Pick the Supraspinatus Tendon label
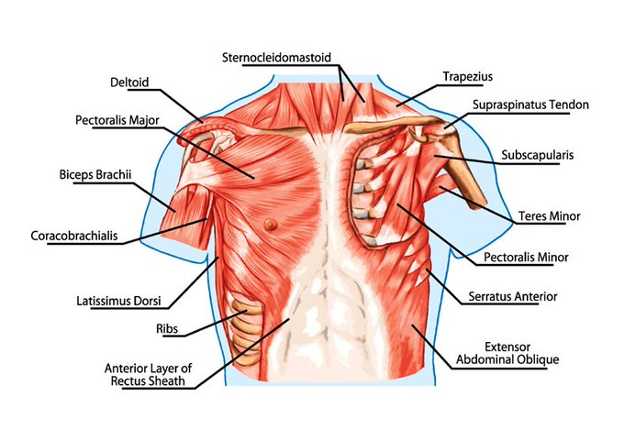point(530,105)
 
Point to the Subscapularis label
point(537,155)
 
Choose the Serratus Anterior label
point(524,296)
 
